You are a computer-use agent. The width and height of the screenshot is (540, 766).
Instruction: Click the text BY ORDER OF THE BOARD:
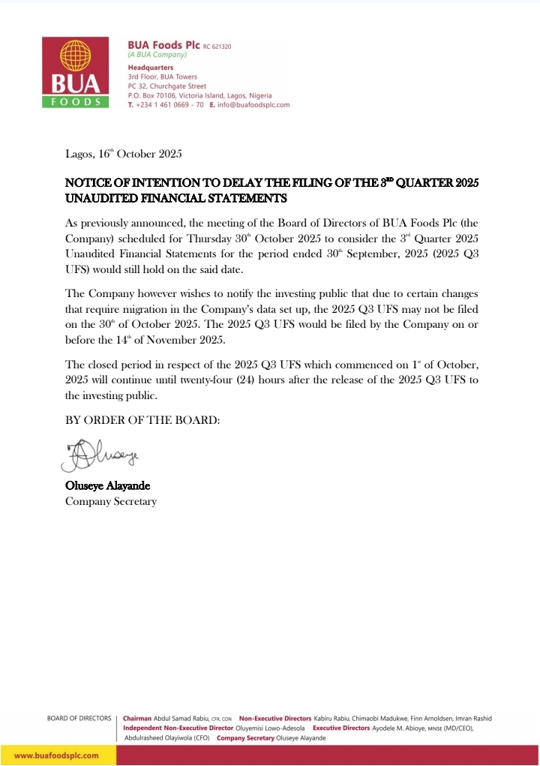point(142,421)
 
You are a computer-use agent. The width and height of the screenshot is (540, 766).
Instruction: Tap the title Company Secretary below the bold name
point(111,501)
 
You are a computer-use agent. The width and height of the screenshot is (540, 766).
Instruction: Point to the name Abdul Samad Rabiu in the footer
point(181,719)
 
